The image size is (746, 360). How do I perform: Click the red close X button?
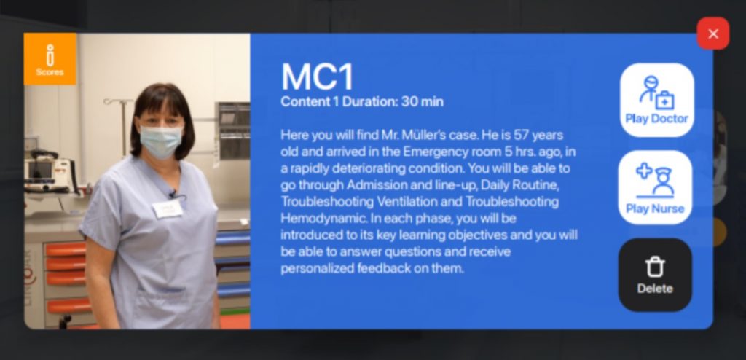(x=712, y=34)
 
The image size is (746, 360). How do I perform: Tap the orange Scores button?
(x=50, y=59)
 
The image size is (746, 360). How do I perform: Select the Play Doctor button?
(x=656, y=100)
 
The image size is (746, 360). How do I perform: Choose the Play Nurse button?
(x=655, y=187)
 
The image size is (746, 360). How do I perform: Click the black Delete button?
(x=655, y=275)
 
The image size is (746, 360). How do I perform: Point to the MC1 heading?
(x=318, y=77)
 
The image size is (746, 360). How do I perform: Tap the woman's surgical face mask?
(x=161, y=141)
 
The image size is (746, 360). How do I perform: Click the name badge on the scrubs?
(x=168, y=208)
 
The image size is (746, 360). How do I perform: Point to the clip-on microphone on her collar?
(x=173, y=194)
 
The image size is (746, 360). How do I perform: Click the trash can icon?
(x=655, y=267)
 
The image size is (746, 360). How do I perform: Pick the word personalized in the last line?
(x=312, y=269)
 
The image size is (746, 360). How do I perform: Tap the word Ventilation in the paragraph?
(x=407, y=202)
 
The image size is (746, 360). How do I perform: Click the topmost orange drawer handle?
(x=66, y=249)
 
